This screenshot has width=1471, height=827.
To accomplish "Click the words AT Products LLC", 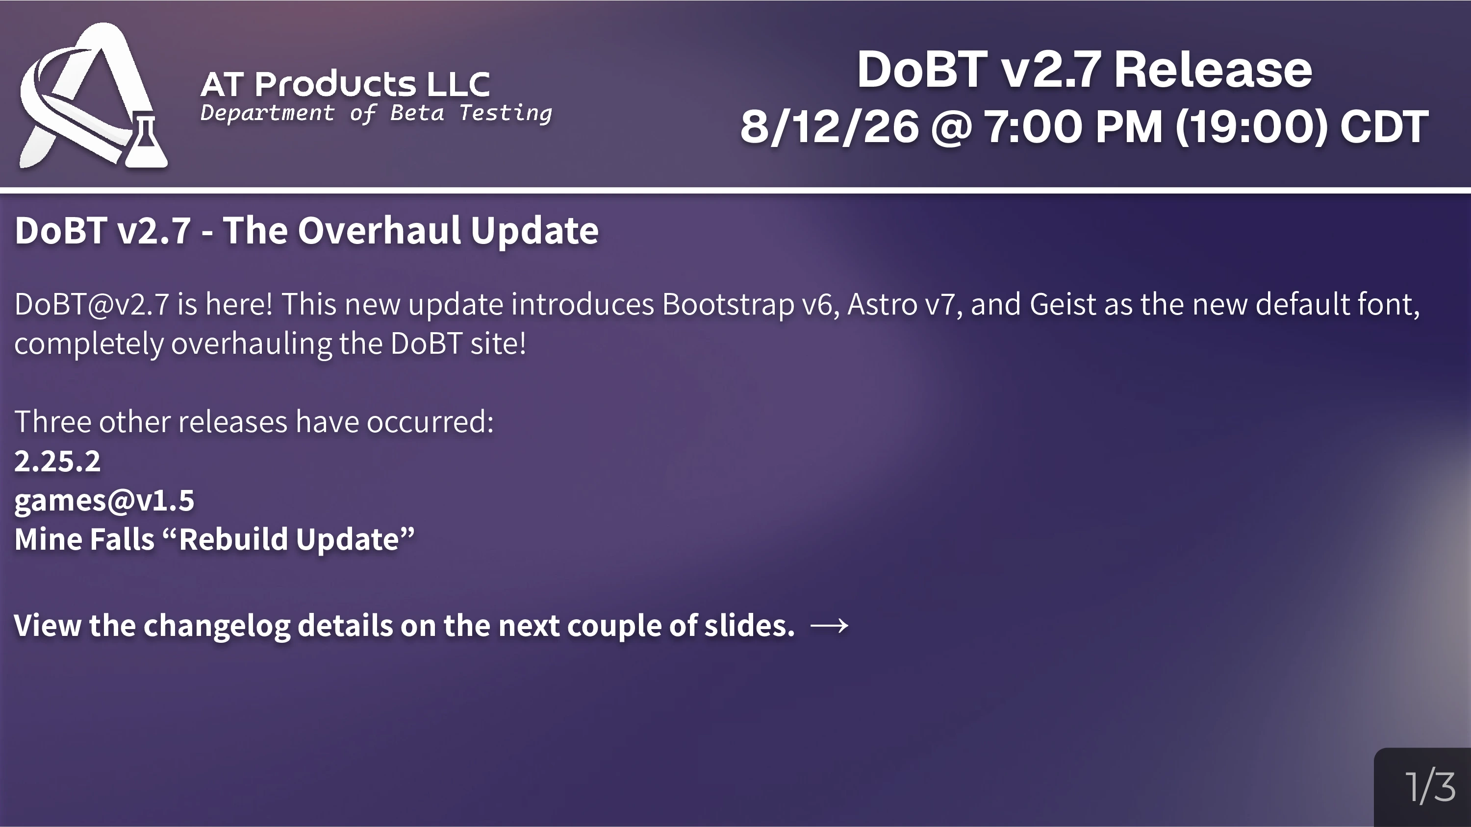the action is point(345,84).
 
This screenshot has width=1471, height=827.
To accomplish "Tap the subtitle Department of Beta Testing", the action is point(376,113).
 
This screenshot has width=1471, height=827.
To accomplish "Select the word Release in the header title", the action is point(1213,70).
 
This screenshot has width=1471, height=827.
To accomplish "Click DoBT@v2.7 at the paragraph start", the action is point(91,304).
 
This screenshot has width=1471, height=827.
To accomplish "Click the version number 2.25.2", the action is point(57,461).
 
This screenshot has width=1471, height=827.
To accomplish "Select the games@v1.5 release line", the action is point(104,501).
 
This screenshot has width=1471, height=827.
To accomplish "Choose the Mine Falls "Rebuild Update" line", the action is point(214,539).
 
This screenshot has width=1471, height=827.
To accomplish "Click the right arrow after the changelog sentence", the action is point(829,626).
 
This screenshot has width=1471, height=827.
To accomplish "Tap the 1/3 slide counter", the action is point(1430,787).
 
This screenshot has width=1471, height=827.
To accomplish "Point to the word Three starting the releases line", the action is point(53,422).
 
